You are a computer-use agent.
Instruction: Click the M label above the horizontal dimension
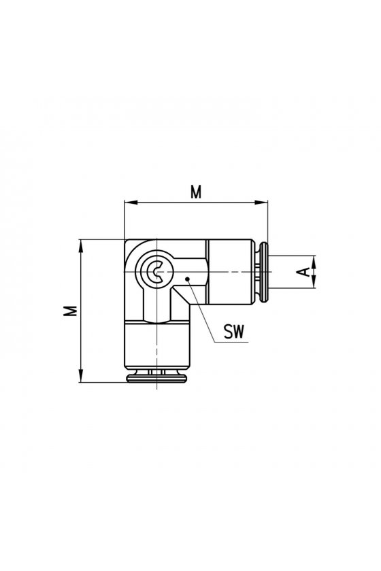(x=196, y=192)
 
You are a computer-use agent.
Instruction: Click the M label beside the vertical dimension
(x=70, y=311)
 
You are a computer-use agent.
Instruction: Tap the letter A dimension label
(x=303, y=272)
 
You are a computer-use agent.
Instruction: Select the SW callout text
(x=234, y=332)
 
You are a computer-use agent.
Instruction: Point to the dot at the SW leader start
(x=187, y=279)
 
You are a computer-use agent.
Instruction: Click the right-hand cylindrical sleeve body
(x=229, y=272)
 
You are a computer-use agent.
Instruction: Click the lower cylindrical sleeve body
(x=156, y=345)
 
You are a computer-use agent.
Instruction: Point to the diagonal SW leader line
(x=201, y=311)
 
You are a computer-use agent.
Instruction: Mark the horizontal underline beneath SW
(x=231, y=343)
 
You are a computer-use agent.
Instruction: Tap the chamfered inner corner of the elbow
(x=181, y=295)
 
